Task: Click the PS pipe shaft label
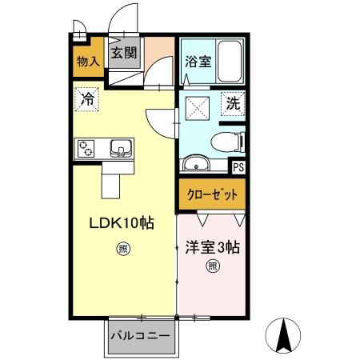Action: pyautogui.click(x=238, y=167)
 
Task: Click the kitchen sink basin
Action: pyautogui.click(x=121, y=147)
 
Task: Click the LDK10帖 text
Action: pyautogui.click(x=120, y=225)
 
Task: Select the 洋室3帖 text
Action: pyautogui.click(x=212, y=248)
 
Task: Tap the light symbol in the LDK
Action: pyautogui.click(x=123, y=247)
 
